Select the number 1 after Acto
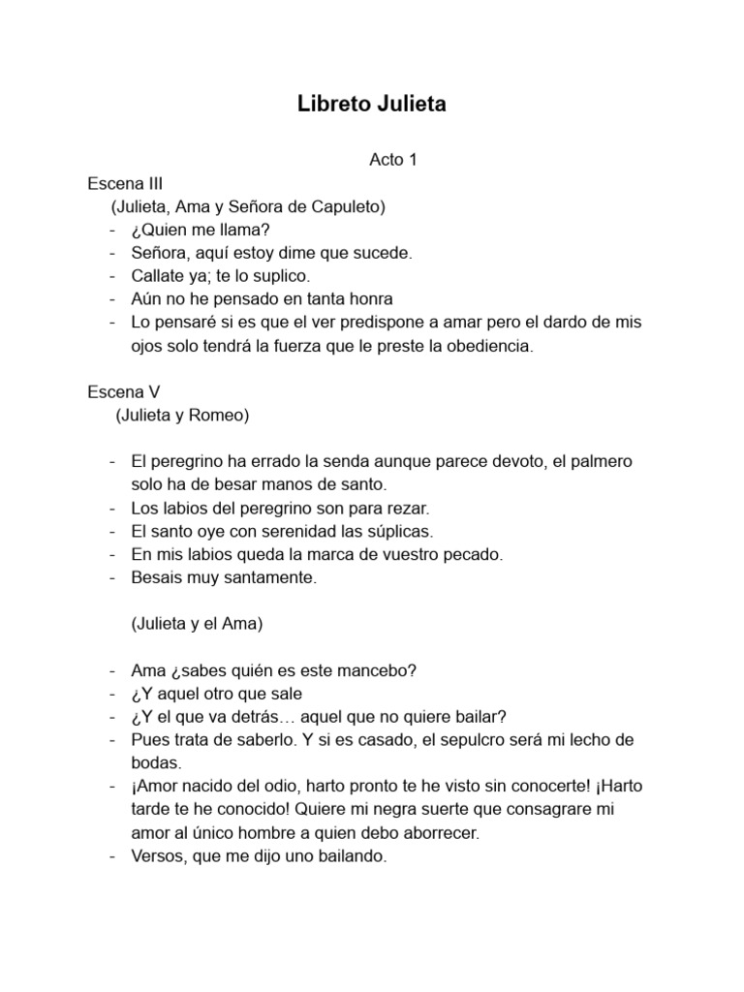tap(412, 160)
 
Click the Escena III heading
tap(125, 183)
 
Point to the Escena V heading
tap(123, 392)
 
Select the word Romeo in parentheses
tap(221, 416)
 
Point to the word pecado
tap(471, 555)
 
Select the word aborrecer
tap(445, 833)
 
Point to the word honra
tap(368, 299)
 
